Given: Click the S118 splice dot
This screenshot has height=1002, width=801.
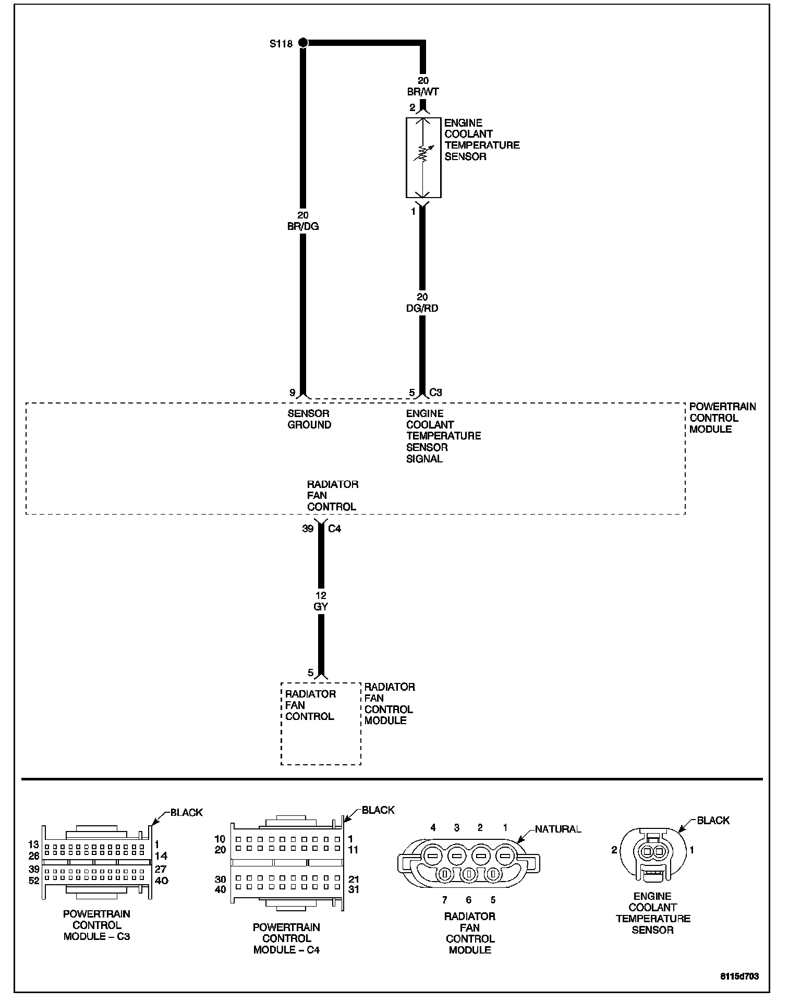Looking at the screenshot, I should [303, 43].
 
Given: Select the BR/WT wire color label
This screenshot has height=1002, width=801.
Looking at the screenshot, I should [423, 92].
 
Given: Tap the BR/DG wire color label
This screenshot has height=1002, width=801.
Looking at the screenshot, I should [303, 226].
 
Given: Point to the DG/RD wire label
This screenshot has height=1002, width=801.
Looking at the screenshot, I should [422, 308].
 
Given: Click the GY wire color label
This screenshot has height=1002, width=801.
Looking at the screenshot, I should [321, 606].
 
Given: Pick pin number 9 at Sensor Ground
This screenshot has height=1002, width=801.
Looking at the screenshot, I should [293, 393].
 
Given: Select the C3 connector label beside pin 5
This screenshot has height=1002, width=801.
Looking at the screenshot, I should [436, 393].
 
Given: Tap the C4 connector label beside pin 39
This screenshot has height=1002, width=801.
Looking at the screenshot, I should [334, 529].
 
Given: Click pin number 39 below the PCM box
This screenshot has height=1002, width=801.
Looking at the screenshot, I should [308, 529].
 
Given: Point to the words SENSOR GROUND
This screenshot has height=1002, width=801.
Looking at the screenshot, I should [309, 419].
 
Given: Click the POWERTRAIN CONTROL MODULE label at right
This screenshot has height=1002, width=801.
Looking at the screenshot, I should [722, 418].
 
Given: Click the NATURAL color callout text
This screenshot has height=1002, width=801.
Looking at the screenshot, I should [558, 829].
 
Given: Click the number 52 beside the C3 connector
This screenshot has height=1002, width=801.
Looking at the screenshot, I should [34, 881].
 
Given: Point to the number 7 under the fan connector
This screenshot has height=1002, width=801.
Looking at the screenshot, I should [444, 899].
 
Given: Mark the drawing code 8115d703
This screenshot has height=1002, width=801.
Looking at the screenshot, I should [740, 976].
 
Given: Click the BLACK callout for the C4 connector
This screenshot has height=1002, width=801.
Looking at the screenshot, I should [378, 810].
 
